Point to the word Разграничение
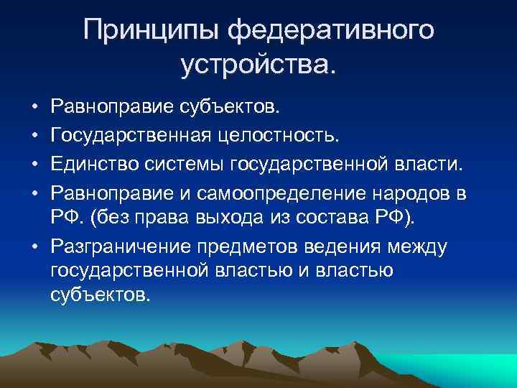[x=114, y=247]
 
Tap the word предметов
[x=238, y=247]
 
